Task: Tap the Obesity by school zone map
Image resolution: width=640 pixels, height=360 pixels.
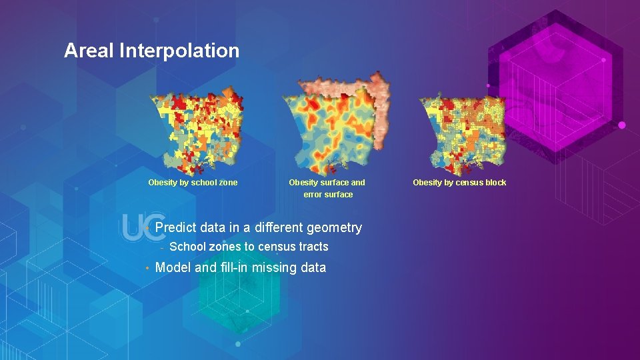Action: [197, 130]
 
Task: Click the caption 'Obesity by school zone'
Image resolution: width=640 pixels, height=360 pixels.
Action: [193, 183]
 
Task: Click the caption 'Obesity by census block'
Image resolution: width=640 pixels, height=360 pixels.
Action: [459, 183]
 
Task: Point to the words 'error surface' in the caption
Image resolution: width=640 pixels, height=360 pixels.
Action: [328, 195]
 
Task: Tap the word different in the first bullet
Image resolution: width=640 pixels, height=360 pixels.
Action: [279, 228]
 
